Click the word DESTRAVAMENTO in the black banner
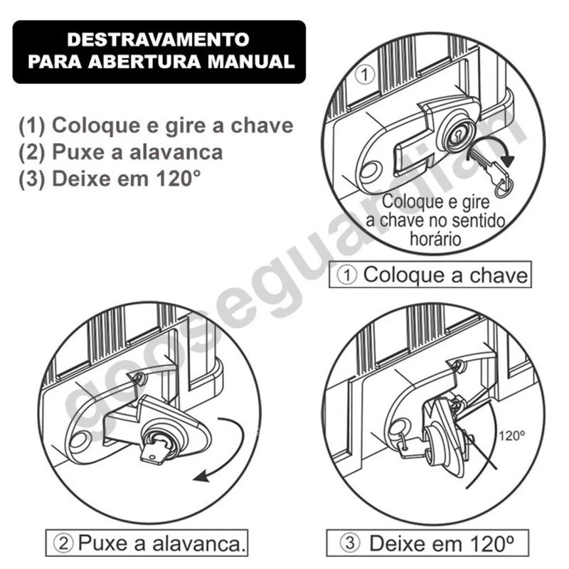coord(158,39)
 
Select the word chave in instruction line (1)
coord(262,126)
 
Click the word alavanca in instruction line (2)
coord(176,152)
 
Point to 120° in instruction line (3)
coord(179,179)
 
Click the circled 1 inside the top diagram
coord(364,75)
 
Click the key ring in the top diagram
coord(504,187)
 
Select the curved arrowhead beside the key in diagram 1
coord(508,161)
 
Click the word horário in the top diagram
coord(435,239)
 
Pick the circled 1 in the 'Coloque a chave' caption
coord(347,275)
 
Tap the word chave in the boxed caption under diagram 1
coord(499,275)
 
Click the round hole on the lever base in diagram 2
coord(78,440)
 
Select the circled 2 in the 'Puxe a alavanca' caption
coord(63,543)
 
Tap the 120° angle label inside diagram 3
coord(511,435)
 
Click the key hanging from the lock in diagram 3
coord(412,447)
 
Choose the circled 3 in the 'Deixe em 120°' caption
coord(350,543)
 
